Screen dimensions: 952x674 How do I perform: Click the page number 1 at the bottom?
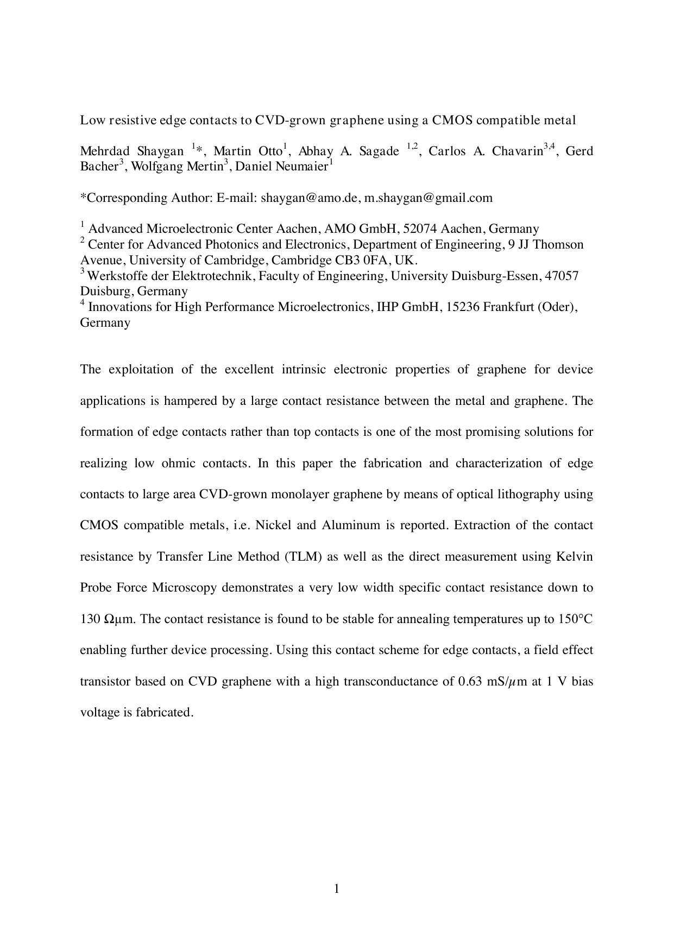point(337,888)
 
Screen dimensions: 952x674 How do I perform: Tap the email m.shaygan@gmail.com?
point(428,198)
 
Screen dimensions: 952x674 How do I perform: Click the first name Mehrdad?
point(103,151)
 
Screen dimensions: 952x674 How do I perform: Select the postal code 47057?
point(562,276)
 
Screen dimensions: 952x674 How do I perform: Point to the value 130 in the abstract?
point(90,619)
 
